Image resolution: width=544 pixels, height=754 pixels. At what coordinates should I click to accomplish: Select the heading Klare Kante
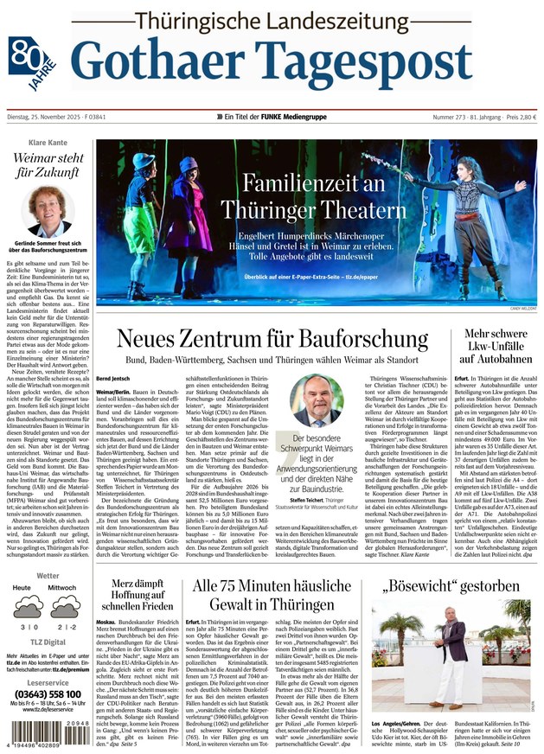point(48,142)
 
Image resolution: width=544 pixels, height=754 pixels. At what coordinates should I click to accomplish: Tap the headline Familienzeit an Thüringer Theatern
point(312,196)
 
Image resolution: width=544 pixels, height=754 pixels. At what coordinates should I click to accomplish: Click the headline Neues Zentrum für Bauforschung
point(272,338)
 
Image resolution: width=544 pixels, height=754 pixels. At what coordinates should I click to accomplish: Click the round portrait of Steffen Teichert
point(316,400)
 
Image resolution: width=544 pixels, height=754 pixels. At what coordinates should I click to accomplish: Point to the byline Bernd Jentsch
point(114,379)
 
